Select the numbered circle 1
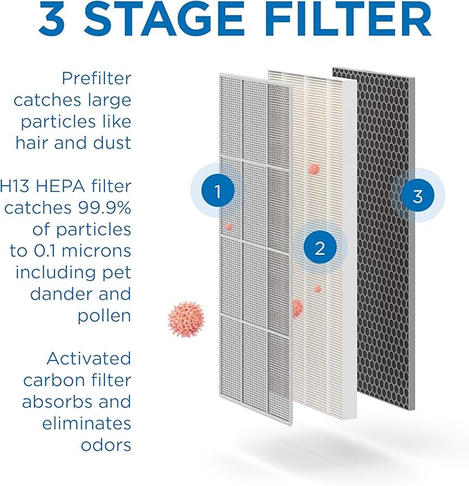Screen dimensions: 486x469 coord(218,192)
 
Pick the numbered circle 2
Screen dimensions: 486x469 coord(319,249)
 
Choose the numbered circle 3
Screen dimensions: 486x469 coord(417,197)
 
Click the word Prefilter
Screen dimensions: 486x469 coord(96,79)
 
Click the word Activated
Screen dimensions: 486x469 coord(88,358)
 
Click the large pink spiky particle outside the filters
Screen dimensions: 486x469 coord(187,319)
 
